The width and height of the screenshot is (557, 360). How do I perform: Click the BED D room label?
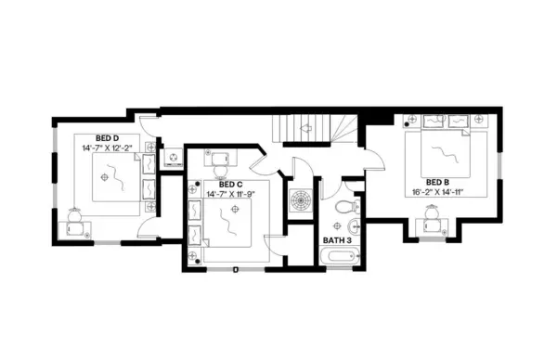point(95,137)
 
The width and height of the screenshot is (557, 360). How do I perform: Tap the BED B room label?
point(438,182)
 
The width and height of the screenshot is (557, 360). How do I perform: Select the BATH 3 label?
point(337,240)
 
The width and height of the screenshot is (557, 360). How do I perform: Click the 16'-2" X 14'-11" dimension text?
point(438,192)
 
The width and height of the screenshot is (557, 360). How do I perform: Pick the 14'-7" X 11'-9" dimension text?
point(231,194)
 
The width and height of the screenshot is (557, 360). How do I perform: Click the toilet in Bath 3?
point(344,205)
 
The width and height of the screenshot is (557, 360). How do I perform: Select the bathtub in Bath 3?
point(338,256)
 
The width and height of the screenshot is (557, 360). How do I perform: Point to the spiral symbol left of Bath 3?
point(300,199)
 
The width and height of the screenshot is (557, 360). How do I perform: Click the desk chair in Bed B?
point(433,214)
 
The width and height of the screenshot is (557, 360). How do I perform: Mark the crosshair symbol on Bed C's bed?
point(236,211)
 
